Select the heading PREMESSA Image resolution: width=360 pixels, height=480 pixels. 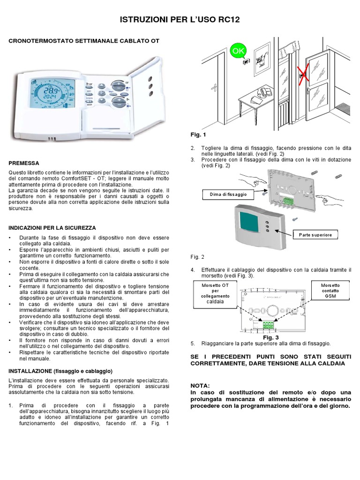pyautogui.click(x=24, y=164)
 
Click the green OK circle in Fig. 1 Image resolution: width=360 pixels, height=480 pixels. pyautogui.click(x=237, y=50)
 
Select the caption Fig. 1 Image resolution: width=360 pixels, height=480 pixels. pyautogui.click(x=198, y=135)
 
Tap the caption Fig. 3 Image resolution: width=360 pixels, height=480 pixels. pyautogui.click(x=270, y=337)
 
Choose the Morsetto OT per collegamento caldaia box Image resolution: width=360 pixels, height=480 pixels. pyautogui.click(x=212, y=293)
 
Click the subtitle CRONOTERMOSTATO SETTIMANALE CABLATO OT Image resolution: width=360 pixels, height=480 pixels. pyautogui.click(x=84, y=41)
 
